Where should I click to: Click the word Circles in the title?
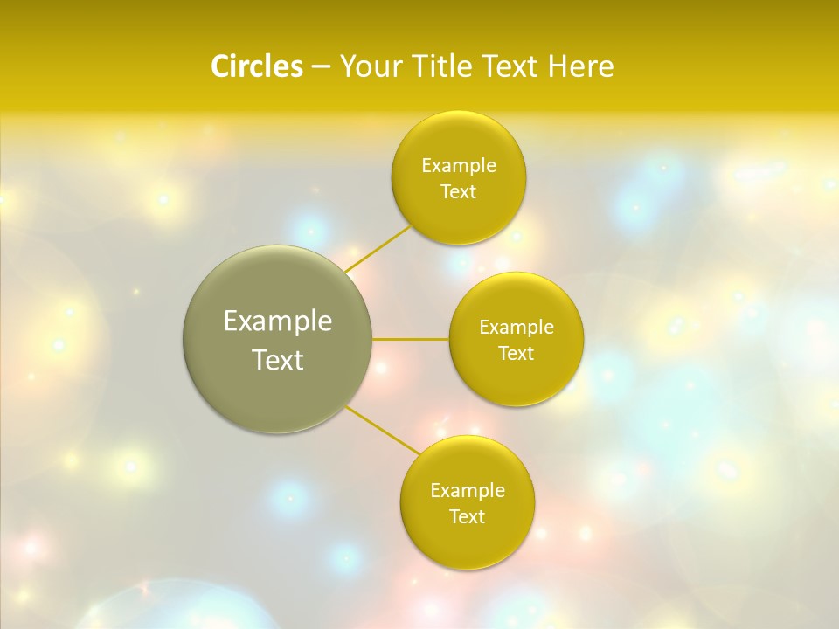[256, 66]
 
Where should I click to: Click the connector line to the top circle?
[378, 248]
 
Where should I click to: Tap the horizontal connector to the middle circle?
[411, 339]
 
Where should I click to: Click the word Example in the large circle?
[278, 321]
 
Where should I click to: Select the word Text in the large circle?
[278, 360]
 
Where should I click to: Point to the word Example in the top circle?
[459, 166]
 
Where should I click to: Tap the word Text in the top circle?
[459, 192]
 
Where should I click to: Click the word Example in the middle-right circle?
[517, 328]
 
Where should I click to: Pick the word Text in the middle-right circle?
[517, 354]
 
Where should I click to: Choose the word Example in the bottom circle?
[468, 491]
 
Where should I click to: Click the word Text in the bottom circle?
[468, 517]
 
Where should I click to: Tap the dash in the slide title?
[320, 67]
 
